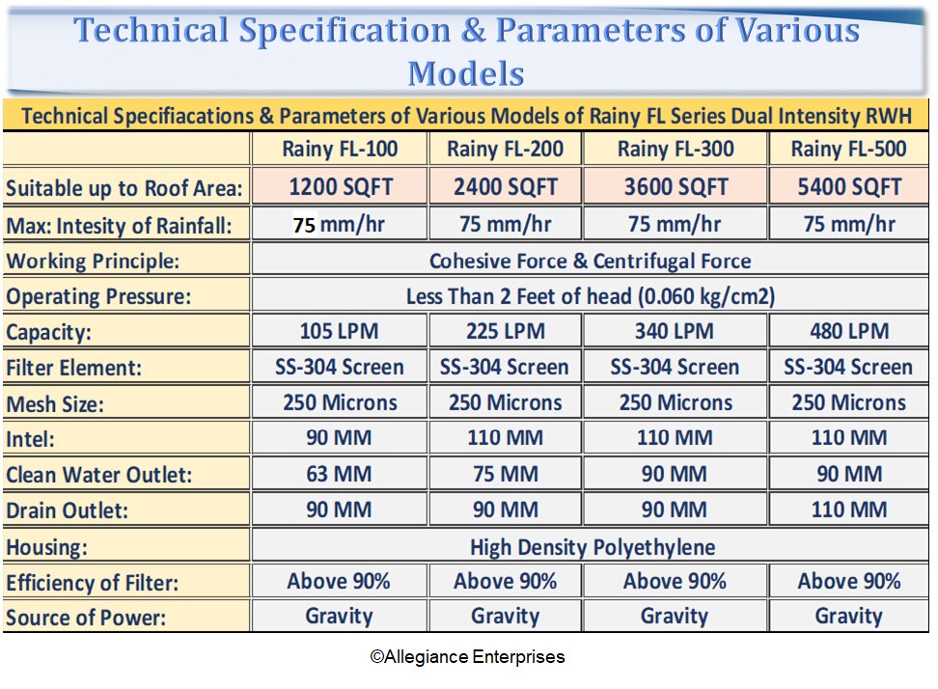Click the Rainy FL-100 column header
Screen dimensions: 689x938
coord(340,150)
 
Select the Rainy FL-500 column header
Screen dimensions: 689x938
coord(848,150)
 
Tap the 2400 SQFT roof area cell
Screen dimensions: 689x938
coord(506,186)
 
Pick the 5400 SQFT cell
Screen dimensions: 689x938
coord(849,186)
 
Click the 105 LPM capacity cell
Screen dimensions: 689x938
coord(340,332)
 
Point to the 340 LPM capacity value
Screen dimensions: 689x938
coord(676,332)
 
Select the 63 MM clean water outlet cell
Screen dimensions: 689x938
coord(340,474)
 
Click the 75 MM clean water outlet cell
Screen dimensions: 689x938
coord(506,474)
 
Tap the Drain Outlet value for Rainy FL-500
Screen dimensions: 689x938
coord(849,509)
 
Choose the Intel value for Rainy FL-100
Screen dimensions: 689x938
coord(340,438)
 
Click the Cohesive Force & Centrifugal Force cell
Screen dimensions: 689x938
coord(590,261)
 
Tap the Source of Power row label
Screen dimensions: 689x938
coord(86,618)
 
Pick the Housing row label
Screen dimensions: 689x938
coord(47,548)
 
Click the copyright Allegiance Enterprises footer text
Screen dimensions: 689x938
coord(467,657)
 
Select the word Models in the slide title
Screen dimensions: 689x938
coord(466,73)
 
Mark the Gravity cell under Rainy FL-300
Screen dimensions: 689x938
coord(675,616)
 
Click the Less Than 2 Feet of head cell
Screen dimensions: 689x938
coord(591,296)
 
